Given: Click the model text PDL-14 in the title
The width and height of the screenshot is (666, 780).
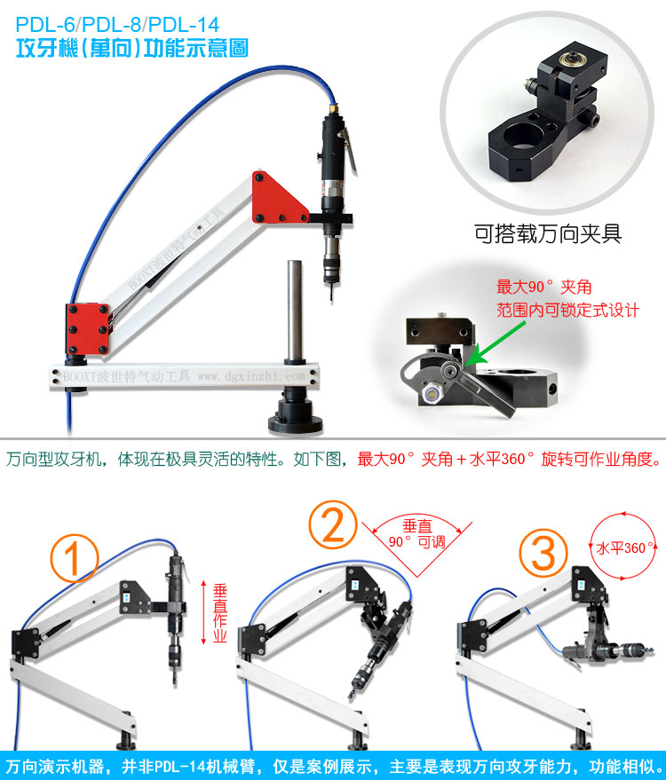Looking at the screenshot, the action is [184, 25].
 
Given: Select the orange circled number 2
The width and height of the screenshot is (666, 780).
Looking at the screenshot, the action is [333, 524].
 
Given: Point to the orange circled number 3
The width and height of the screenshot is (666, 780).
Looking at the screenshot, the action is [543, 553].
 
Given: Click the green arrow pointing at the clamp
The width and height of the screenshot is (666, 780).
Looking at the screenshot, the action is [496, 344].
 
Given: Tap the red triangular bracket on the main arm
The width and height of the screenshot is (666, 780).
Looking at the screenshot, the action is [278, 198].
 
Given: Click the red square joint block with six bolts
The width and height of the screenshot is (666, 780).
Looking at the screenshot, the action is [88, 329].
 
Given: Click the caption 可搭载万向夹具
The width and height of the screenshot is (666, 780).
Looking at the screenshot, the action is [548, 233].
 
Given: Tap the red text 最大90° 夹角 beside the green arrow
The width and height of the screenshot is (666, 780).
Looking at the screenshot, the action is [543, 287].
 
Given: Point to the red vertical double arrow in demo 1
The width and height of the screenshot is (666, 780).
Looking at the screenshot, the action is [203, 612].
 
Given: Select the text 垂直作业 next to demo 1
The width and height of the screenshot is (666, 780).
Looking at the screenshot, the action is [219, 612].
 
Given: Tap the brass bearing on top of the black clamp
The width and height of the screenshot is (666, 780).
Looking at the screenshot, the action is [570, 59].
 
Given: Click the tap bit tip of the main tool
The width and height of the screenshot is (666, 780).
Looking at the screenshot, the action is [331, 299].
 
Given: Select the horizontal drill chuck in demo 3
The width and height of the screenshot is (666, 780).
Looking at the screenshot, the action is [628, 650].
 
